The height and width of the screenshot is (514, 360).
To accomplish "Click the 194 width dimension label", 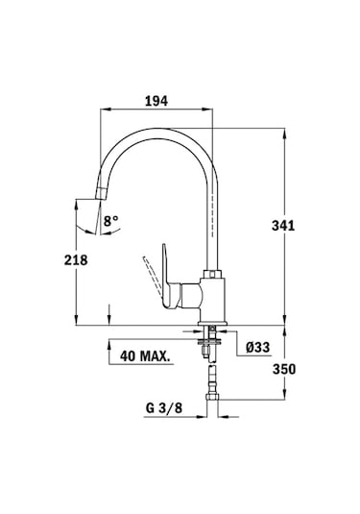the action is click(x=156, y=101).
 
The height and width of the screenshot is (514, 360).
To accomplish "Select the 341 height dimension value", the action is click(x=283, y=226).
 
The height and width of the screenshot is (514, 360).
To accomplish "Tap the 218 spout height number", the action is click(x=76, y=260).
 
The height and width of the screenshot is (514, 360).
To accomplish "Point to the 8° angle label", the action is click(x=111, y=221).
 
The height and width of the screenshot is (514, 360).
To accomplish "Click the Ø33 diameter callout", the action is click(x=258, y=347).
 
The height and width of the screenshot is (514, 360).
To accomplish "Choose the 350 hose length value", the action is click(x=284, y=370).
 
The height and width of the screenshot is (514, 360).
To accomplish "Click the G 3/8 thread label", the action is click(x=164, y=408).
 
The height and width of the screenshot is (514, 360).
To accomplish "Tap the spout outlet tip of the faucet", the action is click(x=100, y=193).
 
